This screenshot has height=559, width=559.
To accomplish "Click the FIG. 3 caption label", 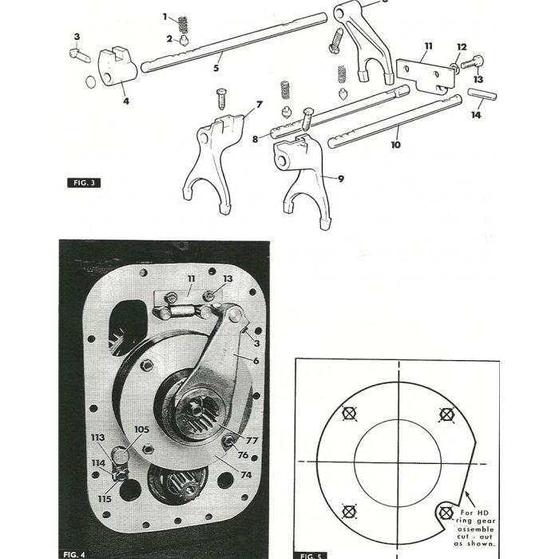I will click(84, 183).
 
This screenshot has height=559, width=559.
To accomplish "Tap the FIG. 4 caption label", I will click(77, 553).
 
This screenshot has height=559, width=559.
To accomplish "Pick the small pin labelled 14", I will click(482, 94).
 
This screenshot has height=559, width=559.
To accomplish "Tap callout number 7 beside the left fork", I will click(259, 105).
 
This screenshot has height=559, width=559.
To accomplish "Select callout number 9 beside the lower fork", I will click(340, 179).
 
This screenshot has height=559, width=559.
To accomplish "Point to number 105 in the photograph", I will click(141, 430).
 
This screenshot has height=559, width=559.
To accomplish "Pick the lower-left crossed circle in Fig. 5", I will click(347, 510).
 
